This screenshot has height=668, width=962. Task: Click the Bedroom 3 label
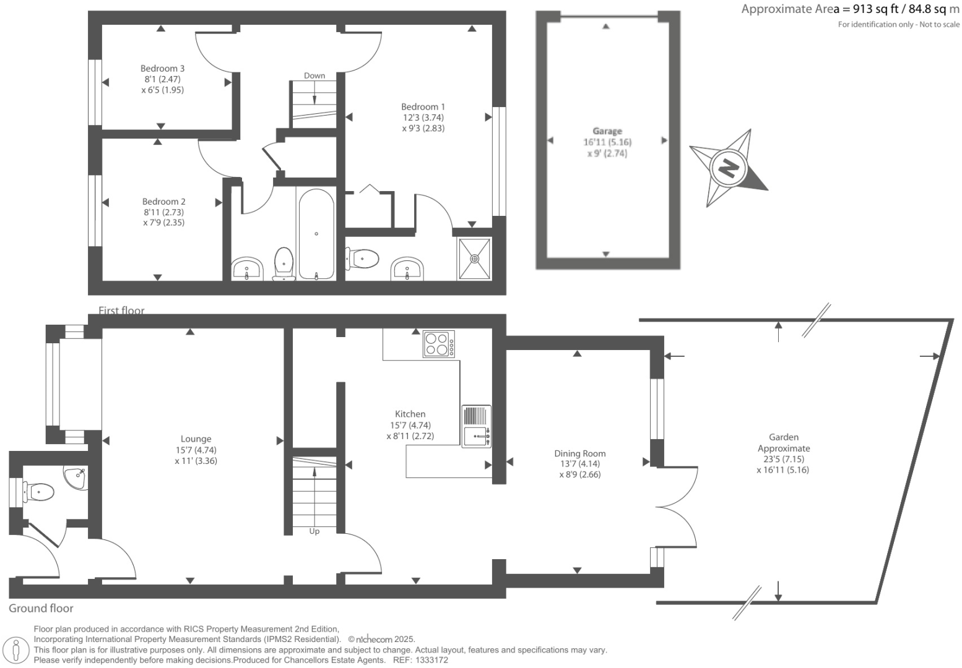point(162,69)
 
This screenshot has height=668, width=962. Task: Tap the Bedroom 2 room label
point(163,202)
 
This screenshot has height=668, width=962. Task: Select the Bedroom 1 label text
point(423,107)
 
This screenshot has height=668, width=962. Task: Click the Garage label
point(607,131)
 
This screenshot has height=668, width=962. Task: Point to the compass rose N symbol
point(729,168)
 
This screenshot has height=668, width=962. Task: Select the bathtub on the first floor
point(316,234)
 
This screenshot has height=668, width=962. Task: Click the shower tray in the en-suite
point(475,258)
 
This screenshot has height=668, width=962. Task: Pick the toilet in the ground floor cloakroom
point(38,492)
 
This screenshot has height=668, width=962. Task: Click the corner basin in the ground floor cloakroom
point(76,477)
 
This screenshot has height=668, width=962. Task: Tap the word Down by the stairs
point(314,75)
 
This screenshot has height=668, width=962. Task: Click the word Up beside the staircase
point(314,531)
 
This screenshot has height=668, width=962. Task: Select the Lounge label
point(196,439)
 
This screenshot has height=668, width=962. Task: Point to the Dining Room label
point(579,453)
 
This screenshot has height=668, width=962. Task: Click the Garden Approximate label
point(783,443)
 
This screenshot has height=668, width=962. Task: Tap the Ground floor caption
point(41,609)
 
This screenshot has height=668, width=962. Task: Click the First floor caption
point(121,310)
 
